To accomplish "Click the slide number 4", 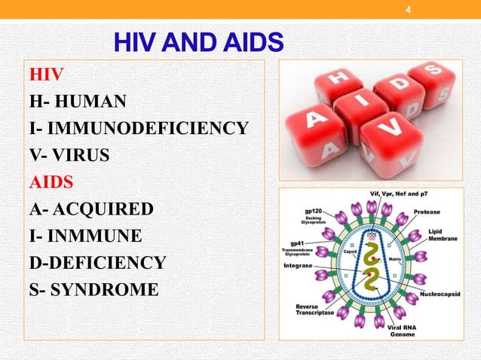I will [x=408, y=9].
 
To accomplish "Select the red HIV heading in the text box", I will [x=46, y=75].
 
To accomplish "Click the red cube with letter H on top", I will [x=336, y=81].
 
